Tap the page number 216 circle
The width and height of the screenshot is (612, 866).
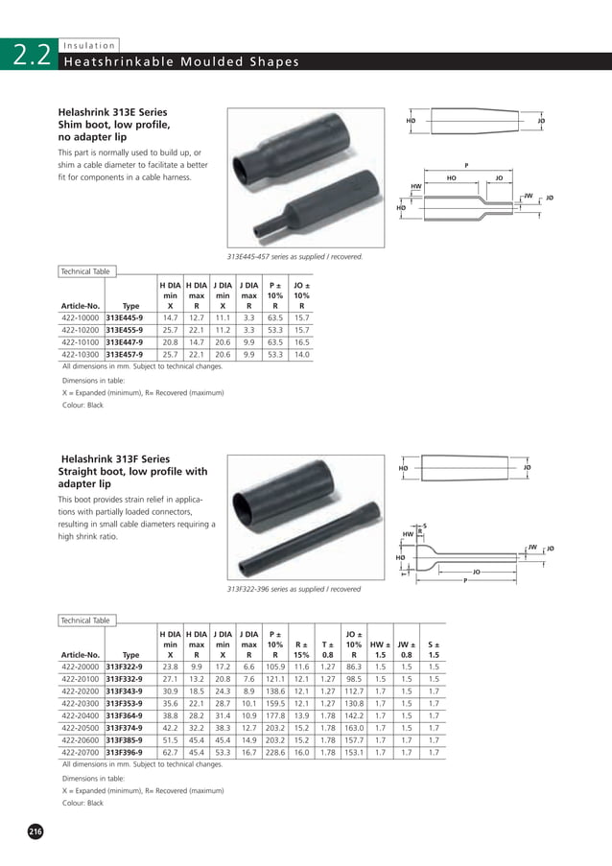pyautogui.click(x=35, y=831)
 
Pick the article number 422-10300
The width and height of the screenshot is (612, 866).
pyautogui.click(x=81, y=354)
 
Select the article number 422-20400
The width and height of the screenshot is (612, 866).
pyautogui.click(x=81, y=715)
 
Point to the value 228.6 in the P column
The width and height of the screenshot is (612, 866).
pyautogui.click(x=275, y=753)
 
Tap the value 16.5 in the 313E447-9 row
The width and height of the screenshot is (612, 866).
pyautogui.click(x=302, y=341)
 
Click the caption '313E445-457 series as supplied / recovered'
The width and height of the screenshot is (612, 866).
pyautogui.click(x=294, y=256)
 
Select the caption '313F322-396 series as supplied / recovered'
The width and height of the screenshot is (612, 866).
pyautogui.click(x=294, y=588)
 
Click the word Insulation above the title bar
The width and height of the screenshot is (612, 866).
pyautogui.click(x=88, y=45)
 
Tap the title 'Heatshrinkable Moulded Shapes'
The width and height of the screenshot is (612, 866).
pyautogui.click(x=179, y=63)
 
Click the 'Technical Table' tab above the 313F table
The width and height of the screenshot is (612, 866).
pyautogui.click(x=86, y=620)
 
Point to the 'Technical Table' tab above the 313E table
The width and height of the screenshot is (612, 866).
pyautogui.click(x=86, y=271)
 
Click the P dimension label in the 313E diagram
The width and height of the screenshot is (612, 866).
pyautogui.click(x=466, y=165)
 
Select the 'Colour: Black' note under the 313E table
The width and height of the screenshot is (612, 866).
pyautogui.click(x=82, y=406)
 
